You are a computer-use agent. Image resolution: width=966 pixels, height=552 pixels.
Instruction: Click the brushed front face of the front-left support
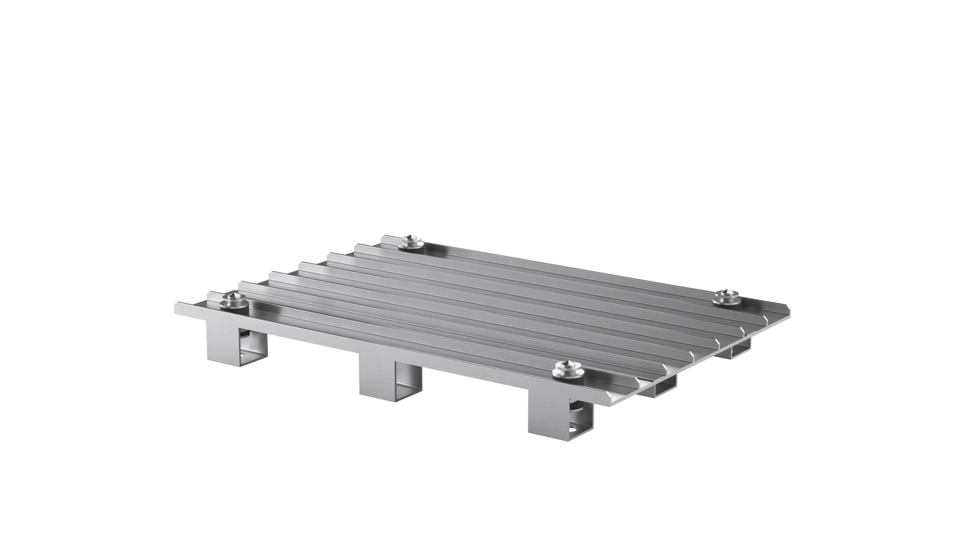(222, 343)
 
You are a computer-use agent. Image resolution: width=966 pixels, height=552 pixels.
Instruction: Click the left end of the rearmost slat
(386, 239)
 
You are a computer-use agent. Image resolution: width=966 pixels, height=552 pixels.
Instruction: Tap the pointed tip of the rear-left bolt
(411, 237)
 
